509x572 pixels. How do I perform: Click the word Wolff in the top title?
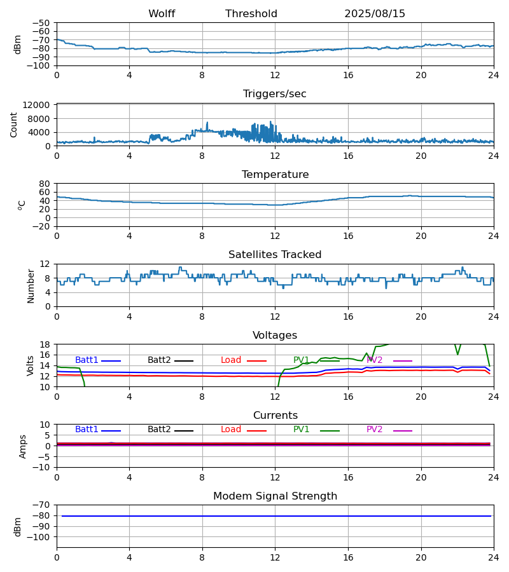(162, 14)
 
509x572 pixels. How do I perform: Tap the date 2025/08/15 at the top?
(375, 14)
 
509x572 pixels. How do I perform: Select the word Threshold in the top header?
(251, 14)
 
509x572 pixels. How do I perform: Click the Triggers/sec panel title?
(275, 94)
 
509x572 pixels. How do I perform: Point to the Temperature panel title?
(275, 175)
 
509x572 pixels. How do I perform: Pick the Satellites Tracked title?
(275, 255)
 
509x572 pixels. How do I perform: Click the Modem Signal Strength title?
(275, 496)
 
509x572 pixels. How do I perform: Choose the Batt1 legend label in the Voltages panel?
(87, 360)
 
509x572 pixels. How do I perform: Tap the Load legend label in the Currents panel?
(231, 430)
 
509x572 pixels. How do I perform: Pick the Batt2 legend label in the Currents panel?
(159, 430)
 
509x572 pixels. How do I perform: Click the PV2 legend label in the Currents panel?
(375, 430)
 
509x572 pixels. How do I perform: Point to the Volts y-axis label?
(31, 365)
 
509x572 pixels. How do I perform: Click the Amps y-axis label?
(24, 446)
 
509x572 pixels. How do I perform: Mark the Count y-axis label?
(14, 125)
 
